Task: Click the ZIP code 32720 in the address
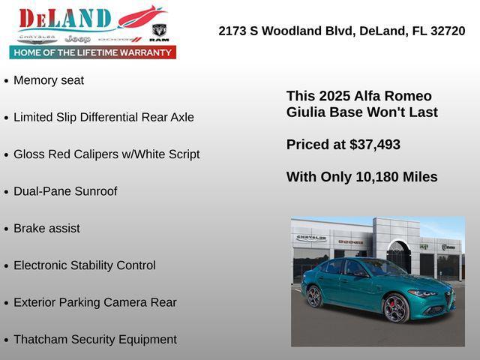point(448,31)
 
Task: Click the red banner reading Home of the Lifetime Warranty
point(93,52)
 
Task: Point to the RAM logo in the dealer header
point(159,32)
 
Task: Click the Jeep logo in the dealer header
point(77,38)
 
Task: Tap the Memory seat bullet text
point(49,80)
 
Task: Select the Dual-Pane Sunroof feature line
point(65,191)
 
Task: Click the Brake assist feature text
point(46,228)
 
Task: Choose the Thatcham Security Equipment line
point(95,339)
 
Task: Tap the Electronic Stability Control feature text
point(85,265)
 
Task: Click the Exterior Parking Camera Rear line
point(95,302)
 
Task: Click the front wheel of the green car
point(395,307)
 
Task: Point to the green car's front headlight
point(423,293)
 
